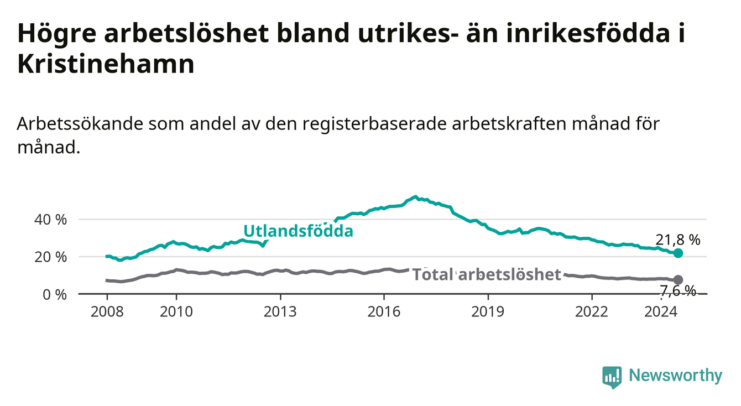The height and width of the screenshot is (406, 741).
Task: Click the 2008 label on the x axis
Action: point(107,312)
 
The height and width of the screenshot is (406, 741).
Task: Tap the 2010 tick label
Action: point(176,312)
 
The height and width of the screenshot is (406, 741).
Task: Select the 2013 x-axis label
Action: point(280,312)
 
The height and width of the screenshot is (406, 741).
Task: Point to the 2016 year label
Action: point(384,312)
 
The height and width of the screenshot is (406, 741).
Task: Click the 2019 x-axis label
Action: point(488,312)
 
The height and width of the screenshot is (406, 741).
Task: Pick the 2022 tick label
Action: point(592,312)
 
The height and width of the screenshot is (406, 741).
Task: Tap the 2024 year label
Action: point(661,312)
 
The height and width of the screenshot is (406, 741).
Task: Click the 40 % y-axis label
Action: point(50,220)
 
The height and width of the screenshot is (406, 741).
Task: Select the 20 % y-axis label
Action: point(50,257)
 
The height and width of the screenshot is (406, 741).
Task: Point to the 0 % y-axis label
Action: point(55,294)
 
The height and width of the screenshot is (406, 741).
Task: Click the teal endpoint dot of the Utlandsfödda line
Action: point(678,253)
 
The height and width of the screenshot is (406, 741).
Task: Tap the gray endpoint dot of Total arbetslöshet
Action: point(678,279)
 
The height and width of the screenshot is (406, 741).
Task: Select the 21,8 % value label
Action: point(678,240)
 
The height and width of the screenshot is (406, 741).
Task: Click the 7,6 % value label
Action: point(678,291)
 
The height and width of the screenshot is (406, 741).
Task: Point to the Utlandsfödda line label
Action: point(299,231)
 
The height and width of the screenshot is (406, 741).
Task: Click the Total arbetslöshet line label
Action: point(487,274)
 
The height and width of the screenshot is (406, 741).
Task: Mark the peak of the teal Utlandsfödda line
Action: point(416,196)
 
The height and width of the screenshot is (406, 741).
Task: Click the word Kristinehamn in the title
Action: point(106,64)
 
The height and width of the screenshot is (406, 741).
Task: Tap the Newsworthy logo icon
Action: point(612,377)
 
